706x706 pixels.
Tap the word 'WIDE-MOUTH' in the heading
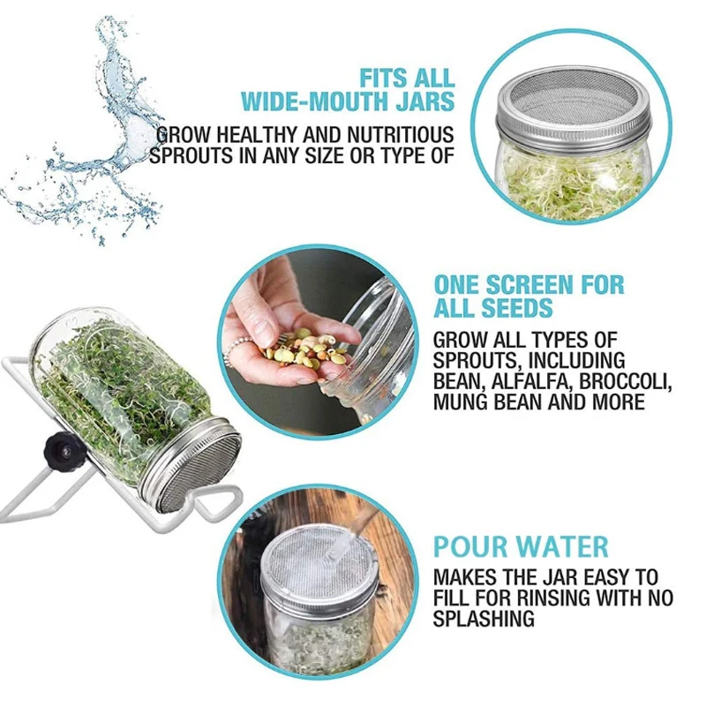(297, 101)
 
